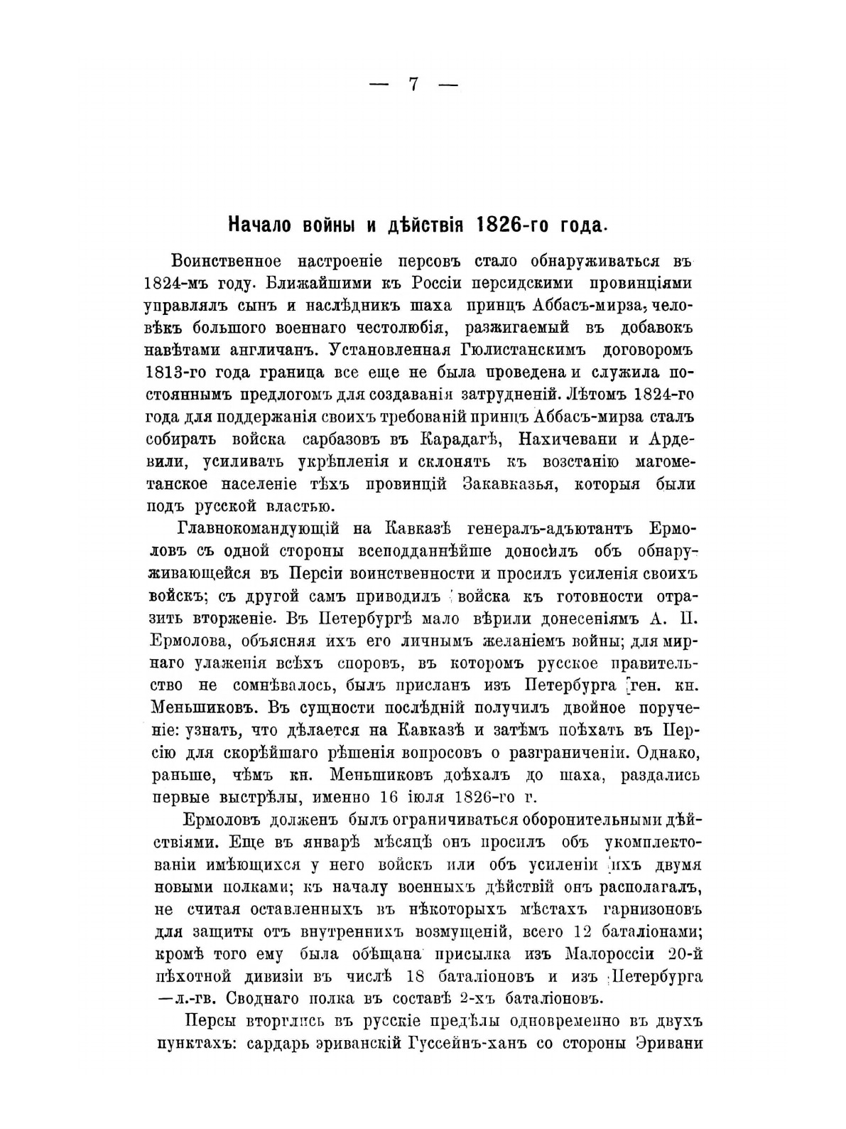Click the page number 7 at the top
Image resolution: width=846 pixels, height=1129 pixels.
coord(413,84)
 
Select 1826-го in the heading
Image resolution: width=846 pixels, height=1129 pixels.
coord(509,225)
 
